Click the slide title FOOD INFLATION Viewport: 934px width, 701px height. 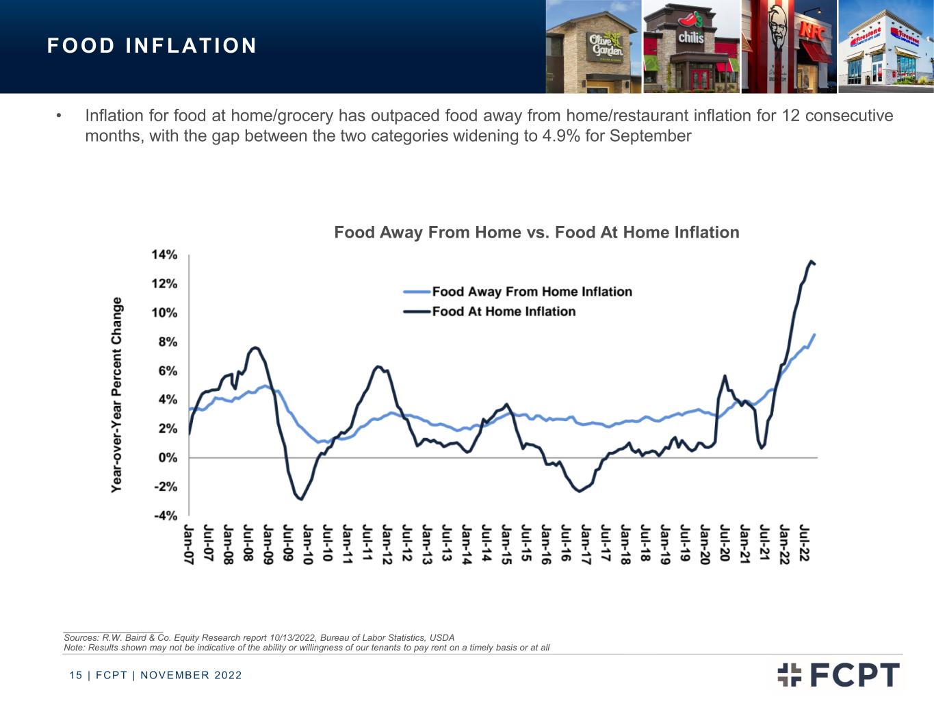(x=152, y=46)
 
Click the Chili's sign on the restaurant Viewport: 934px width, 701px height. (x=690, y=38)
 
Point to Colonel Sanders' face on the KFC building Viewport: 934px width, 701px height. (x=777, y=30)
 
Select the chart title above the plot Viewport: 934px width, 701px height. (x=536, y=232)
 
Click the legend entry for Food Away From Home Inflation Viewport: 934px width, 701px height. (x=517, y=292)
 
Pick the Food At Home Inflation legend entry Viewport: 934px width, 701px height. (x=489, y=311)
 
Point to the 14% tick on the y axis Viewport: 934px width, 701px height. (x=164, y=255)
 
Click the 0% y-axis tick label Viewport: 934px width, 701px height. (x=168, y=457)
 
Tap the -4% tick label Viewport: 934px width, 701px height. (x=166, y=515)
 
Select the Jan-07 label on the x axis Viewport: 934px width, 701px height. (x=188, y=544)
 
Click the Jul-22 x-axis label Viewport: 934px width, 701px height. (x=804, y=543)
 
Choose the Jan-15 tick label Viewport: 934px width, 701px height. (x=506, y=544)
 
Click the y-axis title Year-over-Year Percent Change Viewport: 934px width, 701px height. (x=116, y=395)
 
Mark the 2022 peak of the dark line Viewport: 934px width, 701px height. (x=811, y=261)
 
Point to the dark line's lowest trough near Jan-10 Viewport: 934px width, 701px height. (x=301, y=499)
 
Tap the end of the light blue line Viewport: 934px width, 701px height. (x=814, y=335)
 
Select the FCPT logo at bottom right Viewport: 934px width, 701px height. (x=838, y=674)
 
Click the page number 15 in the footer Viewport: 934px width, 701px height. (x=76, y=675)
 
